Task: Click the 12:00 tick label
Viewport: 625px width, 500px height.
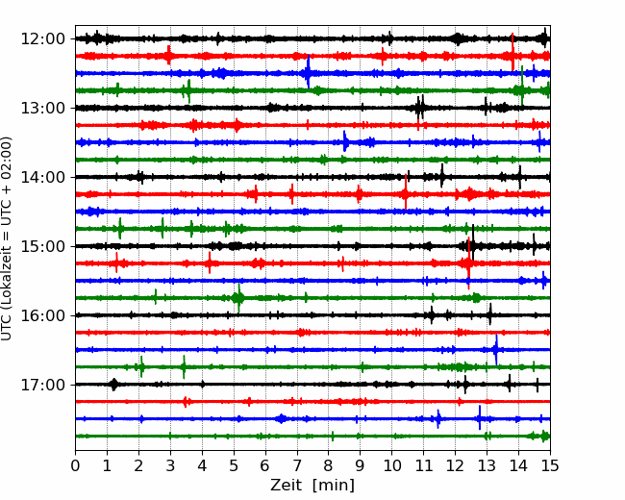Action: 42,39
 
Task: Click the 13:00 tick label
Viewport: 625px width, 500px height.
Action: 42,108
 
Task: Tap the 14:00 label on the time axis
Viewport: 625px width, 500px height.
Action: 42,177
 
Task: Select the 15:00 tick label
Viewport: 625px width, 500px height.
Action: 42,246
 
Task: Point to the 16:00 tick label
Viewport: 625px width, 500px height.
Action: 42,315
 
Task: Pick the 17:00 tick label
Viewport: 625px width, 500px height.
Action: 42,385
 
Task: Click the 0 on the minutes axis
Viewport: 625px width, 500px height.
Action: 75,465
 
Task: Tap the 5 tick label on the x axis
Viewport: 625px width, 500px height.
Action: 234,465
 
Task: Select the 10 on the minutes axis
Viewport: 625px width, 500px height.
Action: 391,465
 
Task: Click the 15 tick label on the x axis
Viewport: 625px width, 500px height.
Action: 550,465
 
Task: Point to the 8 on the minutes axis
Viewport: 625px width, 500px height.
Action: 329,465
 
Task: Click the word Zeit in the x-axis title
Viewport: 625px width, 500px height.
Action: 286,485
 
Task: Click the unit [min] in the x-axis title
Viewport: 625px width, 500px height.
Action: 334,486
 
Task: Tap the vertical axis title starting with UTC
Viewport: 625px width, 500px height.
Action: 7,238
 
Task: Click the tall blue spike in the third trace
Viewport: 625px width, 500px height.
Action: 308,72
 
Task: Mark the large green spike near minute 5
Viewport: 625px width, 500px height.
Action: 238,298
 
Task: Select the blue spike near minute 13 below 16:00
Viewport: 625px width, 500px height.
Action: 496,350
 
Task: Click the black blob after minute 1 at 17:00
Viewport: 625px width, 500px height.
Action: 114,385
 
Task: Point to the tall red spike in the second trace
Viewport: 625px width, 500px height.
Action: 512,52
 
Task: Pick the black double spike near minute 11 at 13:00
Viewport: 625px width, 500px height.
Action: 420,107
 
